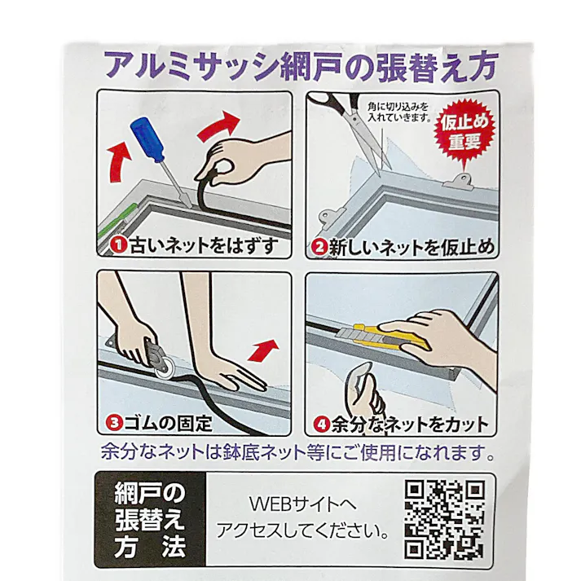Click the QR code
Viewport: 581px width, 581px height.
point(445,519)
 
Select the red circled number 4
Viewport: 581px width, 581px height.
point(320,424)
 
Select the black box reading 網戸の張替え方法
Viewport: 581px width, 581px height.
point(150,519)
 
